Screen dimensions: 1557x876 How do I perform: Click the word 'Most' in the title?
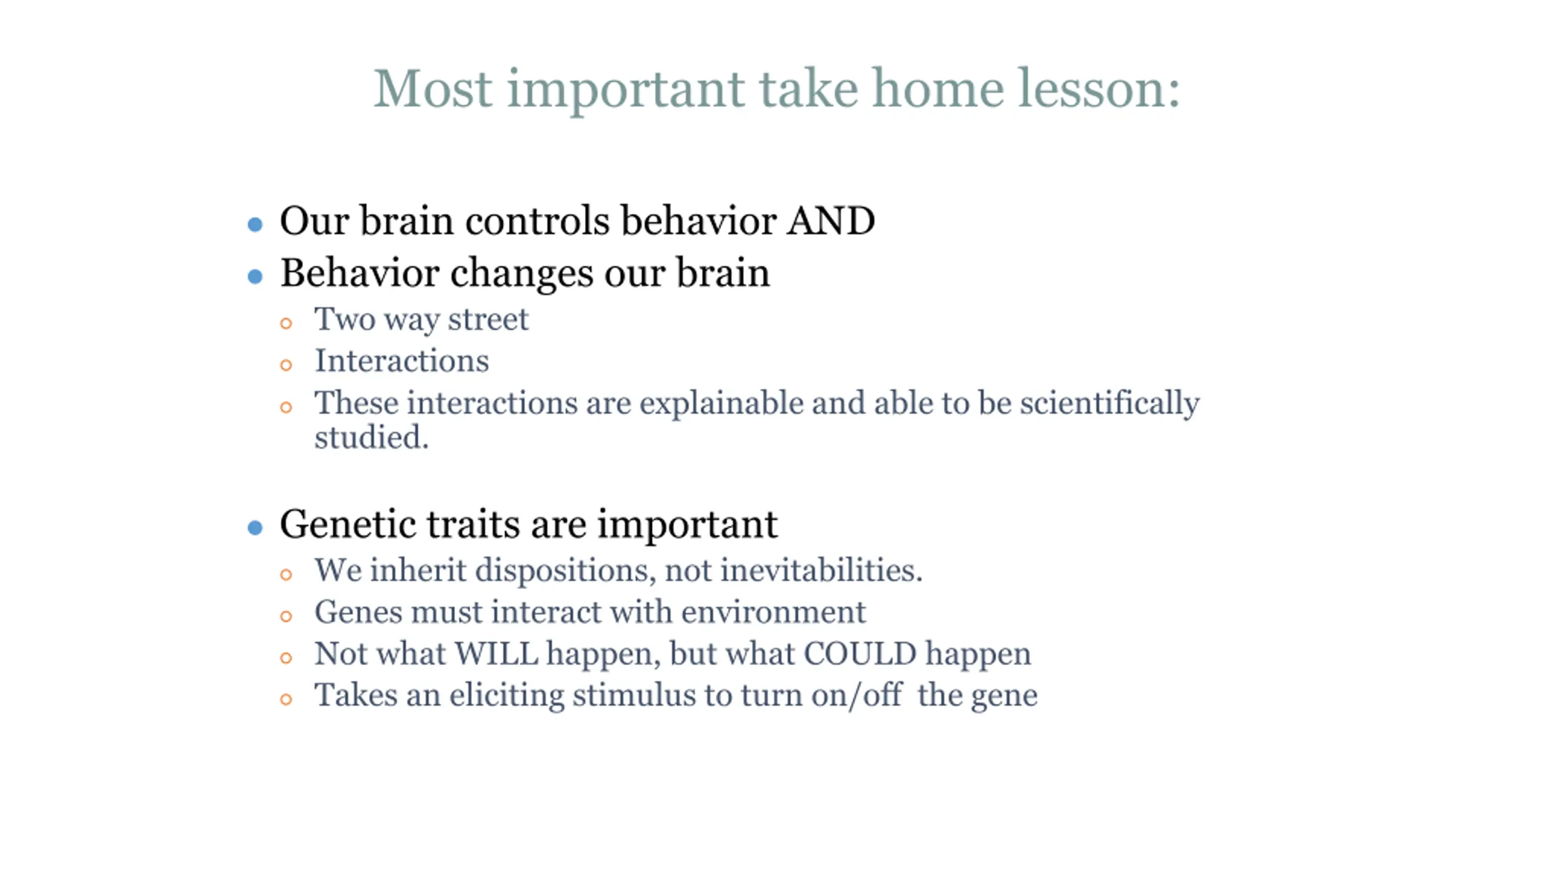[433, 89]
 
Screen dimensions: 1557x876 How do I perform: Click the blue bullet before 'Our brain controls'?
[255, 224]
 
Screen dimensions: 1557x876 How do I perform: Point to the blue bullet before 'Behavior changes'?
[255, 277]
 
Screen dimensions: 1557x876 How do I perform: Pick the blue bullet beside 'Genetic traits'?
[255, 527]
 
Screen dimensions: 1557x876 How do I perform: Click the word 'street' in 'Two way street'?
[488, 319]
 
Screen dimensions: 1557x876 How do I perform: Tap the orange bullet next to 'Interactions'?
[286, 365]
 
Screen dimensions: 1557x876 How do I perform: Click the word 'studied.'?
[372, 437]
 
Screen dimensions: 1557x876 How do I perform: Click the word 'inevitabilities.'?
[821, 570]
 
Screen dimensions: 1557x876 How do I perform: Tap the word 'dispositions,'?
[566, 571]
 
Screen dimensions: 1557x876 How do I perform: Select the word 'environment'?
[773, 612]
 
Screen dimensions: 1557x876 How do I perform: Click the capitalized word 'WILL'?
[497, 653]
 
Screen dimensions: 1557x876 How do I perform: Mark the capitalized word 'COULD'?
[860, 653]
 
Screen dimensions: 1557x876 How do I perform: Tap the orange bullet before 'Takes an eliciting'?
[286, 700]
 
